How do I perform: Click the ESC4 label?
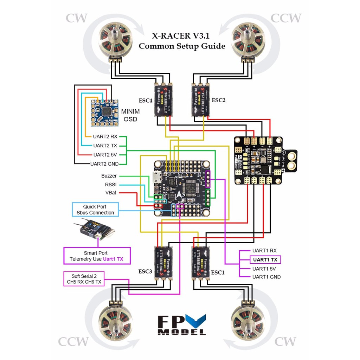[146, 100]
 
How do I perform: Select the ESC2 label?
[218, 100]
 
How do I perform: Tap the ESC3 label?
[145, 271]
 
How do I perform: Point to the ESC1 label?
[218, 272]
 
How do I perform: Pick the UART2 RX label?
[105, 136]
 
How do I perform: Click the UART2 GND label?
[104, 163]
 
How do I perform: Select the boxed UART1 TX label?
[265, 260]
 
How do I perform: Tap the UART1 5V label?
[264, 269]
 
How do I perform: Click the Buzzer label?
[109, 176]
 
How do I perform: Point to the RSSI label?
[111, 184]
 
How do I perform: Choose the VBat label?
[110, 193]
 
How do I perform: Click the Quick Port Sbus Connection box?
[95, 210]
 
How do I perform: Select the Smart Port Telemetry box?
[96, 256]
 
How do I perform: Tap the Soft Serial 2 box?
[84, 279]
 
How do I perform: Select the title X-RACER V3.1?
[182, 36]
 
